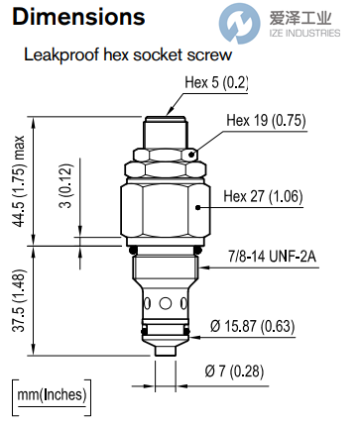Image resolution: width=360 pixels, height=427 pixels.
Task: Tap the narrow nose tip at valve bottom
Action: pyautogui.click(x=163, y=349)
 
